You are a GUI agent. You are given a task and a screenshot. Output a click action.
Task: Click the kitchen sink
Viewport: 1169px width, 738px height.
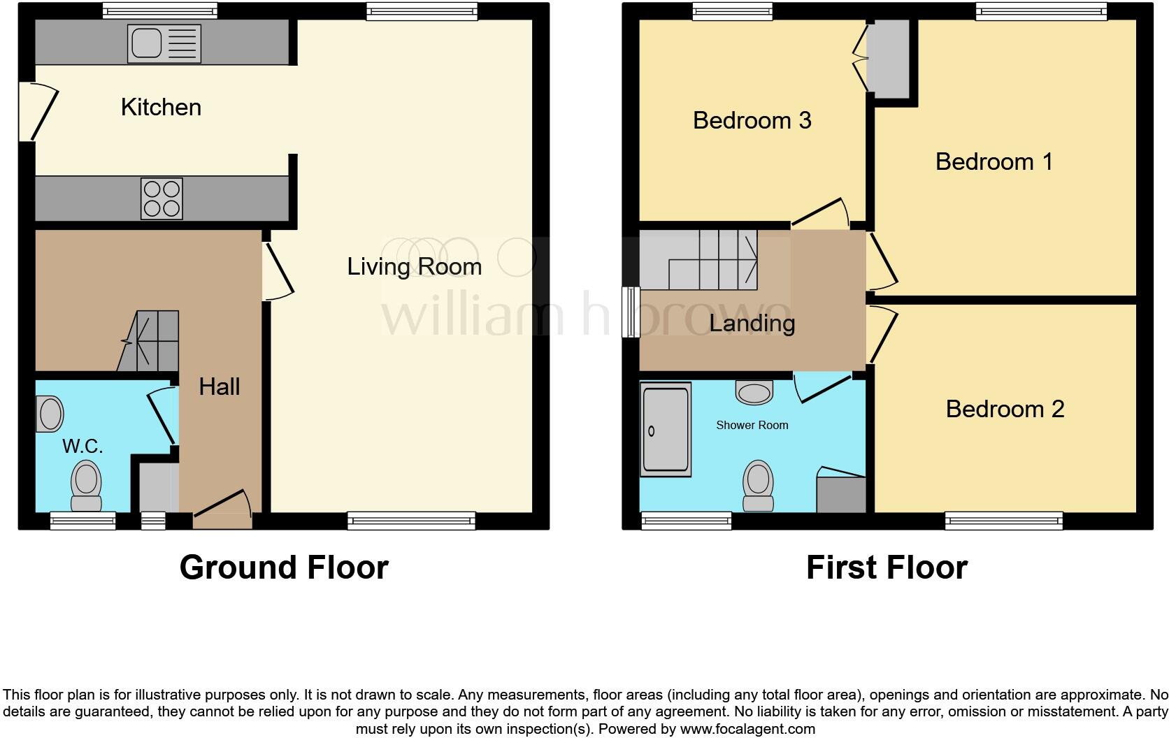(x=164, y=44)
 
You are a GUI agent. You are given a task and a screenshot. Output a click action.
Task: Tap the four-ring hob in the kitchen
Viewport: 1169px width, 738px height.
(x=162, y=198)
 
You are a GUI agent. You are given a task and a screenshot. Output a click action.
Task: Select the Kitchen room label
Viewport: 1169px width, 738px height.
(x=161, y=108)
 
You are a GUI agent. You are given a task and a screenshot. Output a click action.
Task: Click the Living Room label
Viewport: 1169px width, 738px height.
(x=414, y=267)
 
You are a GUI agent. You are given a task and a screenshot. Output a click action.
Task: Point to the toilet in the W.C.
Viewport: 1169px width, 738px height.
(x=87, y=486)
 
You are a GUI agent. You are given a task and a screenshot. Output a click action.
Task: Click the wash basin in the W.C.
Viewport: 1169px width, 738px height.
(x=50, y=413)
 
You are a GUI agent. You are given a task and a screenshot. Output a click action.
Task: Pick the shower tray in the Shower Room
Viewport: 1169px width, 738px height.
(x=666, y=429)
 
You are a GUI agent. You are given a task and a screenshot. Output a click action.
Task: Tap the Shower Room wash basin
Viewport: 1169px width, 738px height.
(x=754, y=392)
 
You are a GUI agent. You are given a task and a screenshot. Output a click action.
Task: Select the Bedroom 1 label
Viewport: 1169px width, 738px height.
(x=994, y=162)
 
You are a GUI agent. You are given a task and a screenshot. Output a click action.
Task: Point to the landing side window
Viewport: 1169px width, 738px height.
(x=631, y=312)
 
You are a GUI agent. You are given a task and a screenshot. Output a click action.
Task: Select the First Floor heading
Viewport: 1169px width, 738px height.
(x=887, y=567)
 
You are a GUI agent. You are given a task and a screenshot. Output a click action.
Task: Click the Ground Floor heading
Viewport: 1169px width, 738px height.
(x=284, y=567)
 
